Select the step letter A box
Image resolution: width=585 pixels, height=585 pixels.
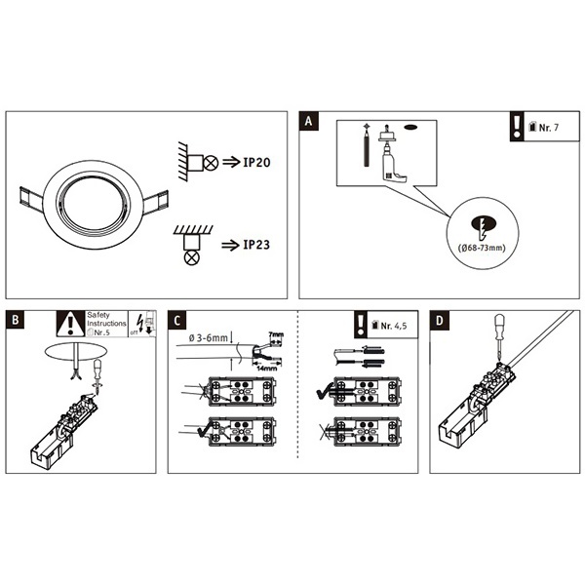click(x=308, y=122)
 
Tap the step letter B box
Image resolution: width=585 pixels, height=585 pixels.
click(x=16, y=320)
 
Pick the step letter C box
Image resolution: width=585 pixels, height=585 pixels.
click(x=176, y=320)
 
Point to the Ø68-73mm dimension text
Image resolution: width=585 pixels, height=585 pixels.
click(x=483, y=249)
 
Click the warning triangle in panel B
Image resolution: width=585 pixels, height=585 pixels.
click(x=69, y=324)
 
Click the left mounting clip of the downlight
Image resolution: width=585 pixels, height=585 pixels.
click(x=29, y=201)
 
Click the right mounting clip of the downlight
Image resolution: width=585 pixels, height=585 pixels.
click(x=155, y=202)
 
